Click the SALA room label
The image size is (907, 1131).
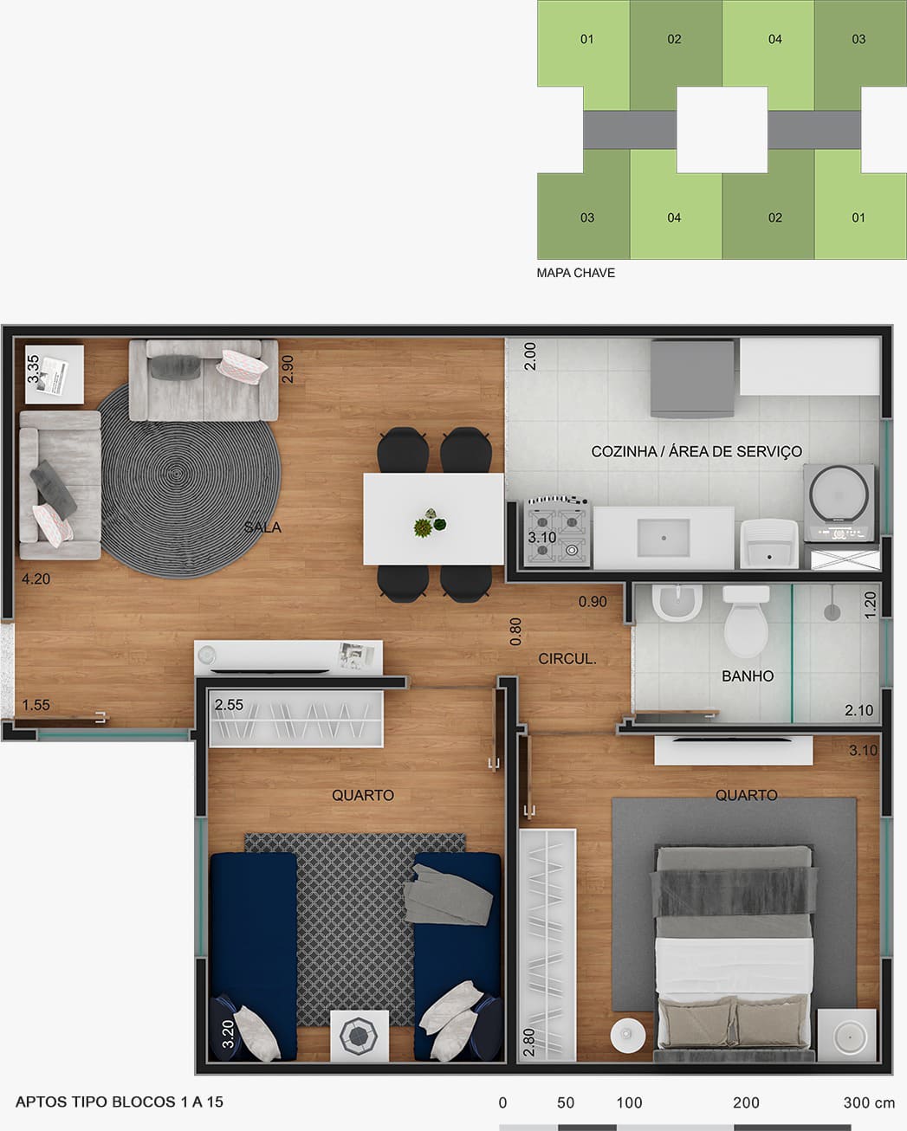pos(262,527)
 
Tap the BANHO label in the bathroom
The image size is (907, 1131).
pos(747,675)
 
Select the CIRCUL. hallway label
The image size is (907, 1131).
pos(567,658)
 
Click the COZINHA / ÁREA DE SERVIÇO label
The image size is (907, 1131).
pos(696,451)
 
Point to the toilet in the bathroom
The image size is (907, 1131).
pos(746,621)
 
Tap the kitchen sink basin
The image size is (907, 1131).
pos(664,538)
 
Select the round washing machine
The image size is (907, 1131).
pos(839,503)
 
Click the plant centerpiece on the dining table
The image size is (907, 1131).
pos(430,523)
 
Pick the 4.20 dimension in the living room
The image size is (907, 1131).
pos(36,579)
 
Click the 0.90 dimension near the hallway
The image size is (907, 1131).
pos(593,602)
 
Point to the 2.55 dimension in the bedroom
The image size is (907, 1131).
pos(229,705)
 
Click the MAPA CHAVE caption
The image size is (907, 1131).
pos(576,273)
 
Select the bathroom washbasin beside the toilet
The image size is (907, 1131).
pos(677,602)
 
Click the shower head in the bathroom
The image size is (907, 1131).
pos(832,611)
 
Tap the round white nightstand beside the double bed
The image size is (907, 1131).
pos(628,1036)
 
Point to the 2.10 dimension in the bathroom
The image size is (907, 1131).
pos(859,710)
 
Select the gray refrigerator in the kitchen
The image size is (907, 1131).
pos(692,378)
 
